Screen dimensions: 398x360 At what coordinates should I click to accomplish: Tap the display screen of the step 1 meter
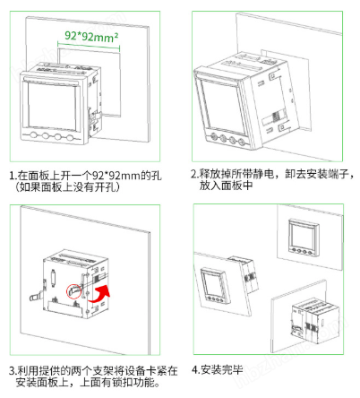(x=48, y=107)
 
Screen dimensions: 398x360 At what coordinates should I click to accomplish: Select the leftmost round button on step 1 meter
(x=32, y=139)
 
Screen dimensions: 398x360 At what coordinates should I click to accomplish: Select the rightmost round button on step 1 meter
(x=68, y=140)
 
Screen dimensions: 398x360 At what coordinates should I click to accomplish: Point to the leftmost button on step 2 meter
(x=212, y=136)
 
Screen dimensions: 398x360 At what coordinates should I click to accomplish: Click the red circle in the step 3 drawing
(x=76, y=291)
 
